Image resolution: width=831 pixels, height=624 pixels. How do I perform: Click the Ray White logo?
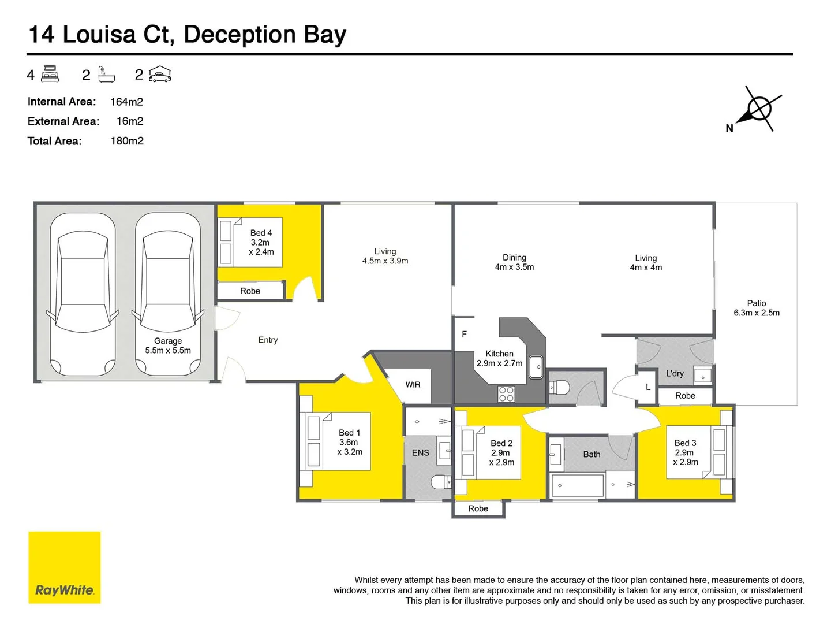pos(64,567)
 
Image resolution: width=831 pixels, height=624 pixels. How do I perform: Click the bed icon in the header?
pos(50,75)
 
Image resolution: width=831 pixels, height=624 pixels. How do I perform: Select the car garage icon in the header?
pos(160,75)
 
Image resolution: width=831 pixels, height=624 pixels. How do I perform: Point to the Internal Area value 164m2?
pos(126,102)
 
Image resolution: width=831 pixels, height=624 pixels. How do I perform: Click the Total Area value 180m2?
pos(127,141)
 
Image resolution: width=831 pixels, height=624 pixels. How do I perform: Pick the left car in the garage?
pos(83,294)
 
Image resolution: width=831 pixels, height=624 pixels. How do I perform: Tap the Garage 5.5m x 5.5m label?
pos(168,346)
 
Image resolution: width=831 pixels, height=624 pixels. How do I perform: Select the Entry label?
pos(268,340)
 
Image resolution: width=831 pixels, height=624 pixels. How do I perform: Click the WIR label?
pos(413,385)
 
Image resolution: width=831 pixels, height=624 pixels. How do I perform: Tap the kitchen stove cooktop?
pos(506,394)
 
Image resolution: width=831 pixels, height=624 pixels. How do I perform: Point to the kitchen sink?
pos(536,367)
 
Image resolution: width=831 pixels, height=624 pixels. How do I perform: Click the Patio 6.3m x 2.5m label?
pos(756,308)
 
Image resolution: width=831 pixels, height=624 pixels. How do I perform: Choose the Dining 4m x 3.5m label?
pos(514,262)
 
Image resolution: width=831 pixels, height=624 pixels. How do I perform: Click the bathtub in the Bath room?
pos(577,486)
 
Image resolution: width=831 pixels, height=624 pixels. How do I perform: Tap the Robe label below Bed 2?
pos(478,508)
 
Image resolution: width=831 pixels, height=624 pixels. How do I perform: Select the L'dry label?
pos(675,373)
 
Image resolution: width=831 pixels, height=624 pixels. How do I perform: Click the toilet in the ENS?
pos(442,481)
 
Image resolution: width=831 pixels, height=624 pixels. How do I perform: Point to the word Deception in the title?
pos(239,35)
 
